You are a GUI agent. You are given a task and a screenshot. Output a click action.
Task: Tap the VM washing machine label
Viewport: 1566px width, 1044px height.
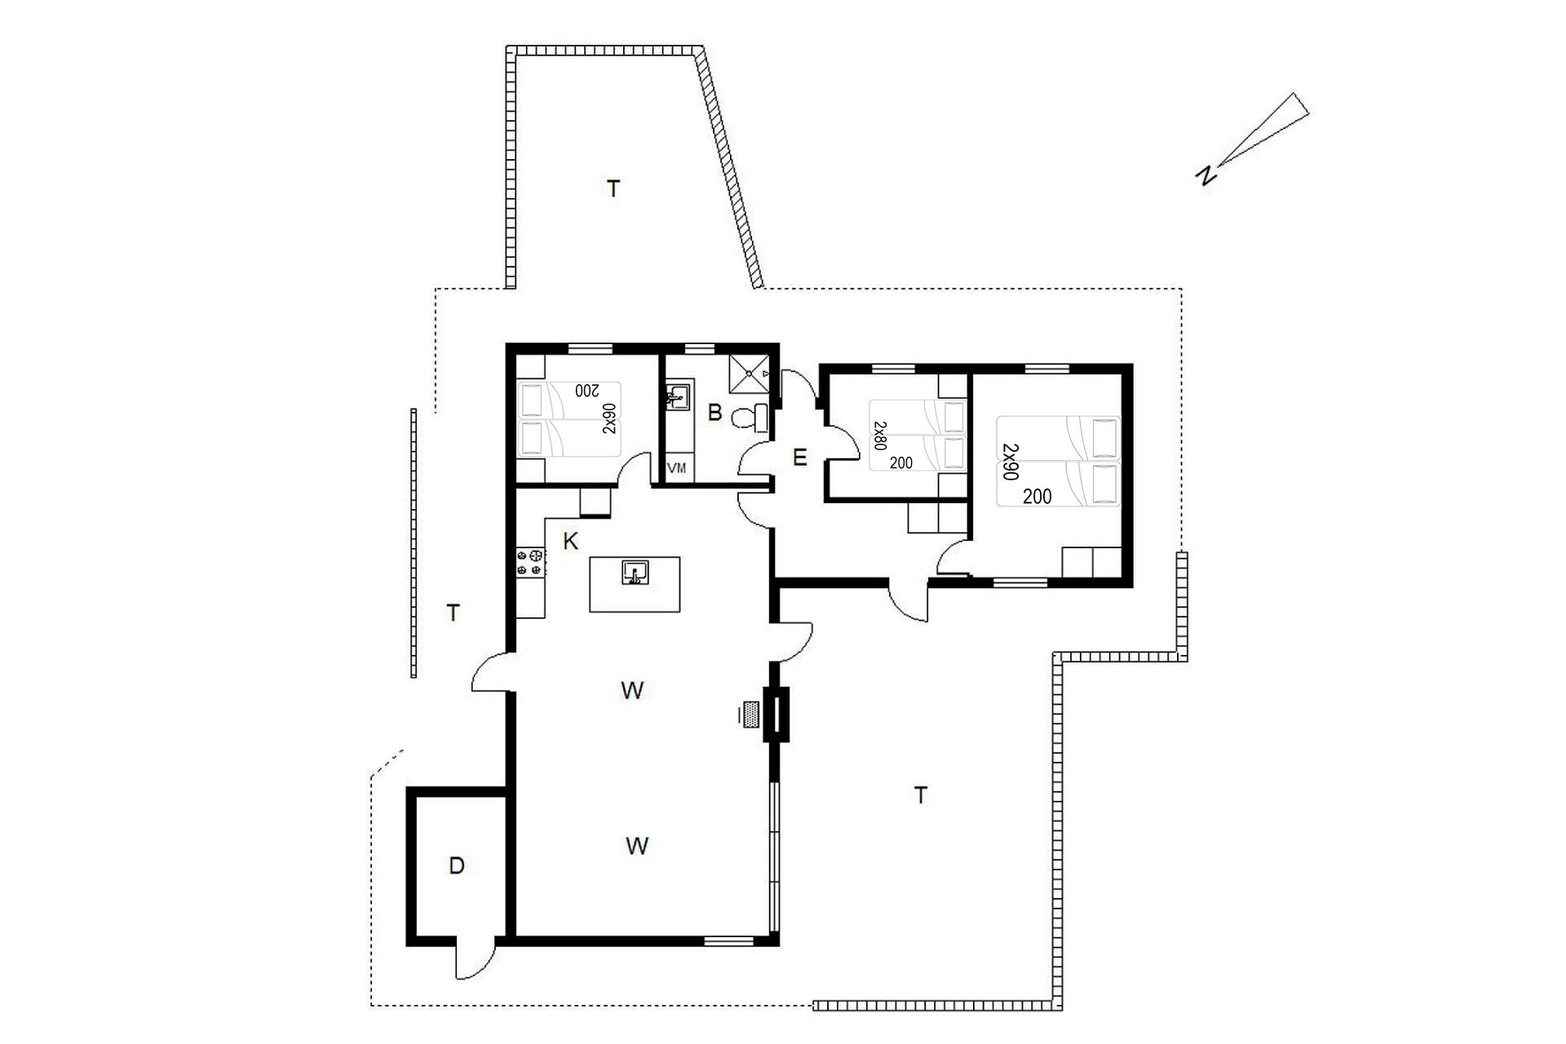[x=677, y=468]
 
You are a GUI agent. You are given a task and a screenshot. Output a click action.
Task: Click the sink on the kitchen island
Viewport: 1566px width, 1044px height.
[x=635, y=573]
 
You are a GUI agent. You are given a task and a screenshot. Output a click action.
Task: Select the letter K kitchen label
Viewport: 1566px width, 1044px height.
[x=571, y=541]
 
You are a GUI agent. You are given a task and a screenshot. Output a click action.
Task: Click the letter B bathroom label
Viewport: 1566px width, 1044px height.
[x=714, y=413]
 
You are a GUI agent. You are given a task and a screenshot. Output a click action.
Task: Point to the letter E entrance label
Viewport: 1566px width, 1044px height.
[x=799, y=458]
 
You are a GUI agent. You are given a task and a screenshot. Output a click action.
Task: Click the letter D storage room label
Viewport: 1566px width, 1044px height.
[x=457, y=866]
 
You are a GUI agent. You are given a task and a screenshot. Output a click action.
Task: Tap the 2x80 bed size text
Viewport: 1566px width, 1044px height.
[x=880, y=436]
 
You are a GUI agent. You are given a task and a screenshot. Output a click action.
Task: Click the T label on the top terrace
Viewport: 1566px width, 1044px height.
[x=613, y=189]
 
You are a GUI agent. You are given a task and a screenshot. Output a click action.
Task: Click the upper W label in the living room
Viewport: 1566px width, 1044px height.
[x=632, y=691]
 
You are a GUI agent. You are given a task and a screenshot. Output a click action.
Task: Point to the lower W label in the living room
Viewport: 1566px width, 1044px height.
[x=637, y=846]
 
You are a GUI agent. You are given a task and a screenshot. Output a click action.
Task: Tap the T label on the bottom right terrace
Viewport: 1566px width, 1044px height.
[x=921, y=795]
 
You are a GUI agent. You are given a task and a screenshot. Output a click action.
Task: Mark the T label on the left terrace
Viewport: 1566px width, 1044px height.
[x=453, y=613]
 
